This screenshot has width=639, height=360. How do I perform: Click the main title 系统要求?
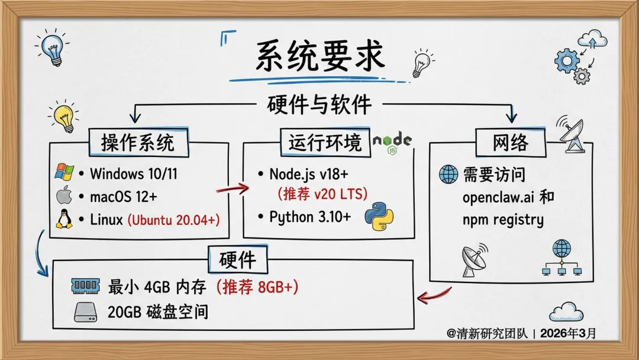click(319, 57)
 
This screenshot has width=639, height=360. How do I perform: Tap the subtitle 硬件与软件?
click(319, 105)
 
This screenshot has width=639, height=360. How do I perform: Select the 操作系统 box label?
click(137, 143)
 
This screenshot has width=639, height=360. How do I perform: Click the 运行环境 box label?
click(325, 143)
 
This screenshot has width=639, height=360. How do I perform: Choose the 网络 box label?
click(510, 143)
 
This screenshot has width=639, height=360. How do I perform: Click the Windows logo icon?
click(63, 173)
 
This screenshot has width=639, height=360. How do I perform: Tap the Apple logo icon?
click(63, 196)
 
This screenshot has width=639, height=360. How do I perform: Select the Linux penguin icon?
click(63, 220)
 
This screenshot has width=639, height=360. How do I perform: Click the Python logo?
click(379, 216)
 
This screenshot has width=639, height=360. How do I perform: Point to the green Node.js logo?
click(392, 142)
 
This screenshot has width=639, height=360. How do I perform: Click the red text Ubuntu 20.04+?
click(173, 220)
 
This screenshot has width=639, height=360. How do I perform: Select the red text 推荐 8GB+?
click(256, 287)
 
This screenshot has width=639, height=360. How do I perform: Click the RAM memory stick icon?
click(86, 287)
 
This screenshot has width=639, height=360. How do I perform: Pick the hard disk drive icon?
click(86, 311)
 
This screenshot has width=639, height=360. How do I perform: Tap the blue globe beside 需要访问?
click(448, 174)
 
